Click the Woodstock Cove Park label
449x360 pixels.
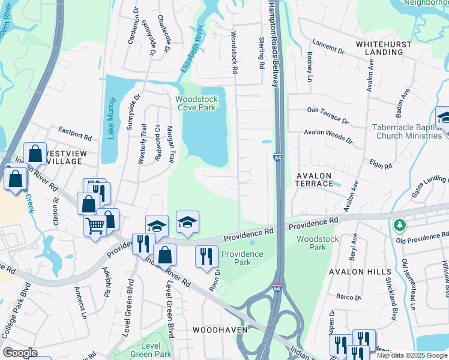[x=195, y=103]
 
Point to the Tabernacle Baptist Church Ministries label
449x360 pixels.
[x=408, y=131]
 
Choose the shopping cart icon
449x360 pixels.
[x=95, y=227]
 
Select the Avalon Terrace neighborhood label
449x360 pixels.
[x=314, y=179]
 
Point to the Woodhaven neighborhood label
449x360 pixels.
[x=215, y=330]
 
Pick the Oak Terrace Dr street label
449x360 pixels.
[x=328, y=115]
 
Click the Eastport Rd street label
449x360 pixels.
[x=74, y=130]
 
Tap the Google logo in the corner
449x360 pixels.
[x=20, y=353]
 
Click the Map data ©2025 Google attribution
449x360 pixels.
[x=412, y=355]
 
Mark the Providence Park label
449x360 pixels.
[x=243, y=258]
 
